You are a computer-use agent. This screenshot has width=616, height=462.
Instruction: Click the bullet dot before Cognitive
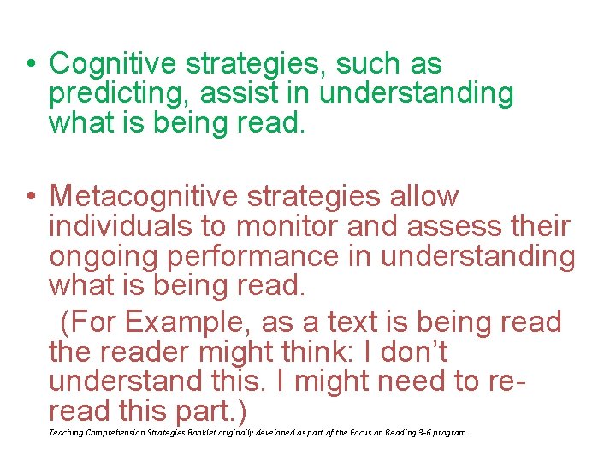(x=31, y=64)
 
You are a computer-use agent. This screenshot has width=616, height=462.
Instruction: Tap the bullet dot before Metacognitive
(x=31, y=197)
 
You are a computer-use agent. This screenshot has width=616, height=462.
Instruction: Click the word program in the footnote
(x=449, y=433)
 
